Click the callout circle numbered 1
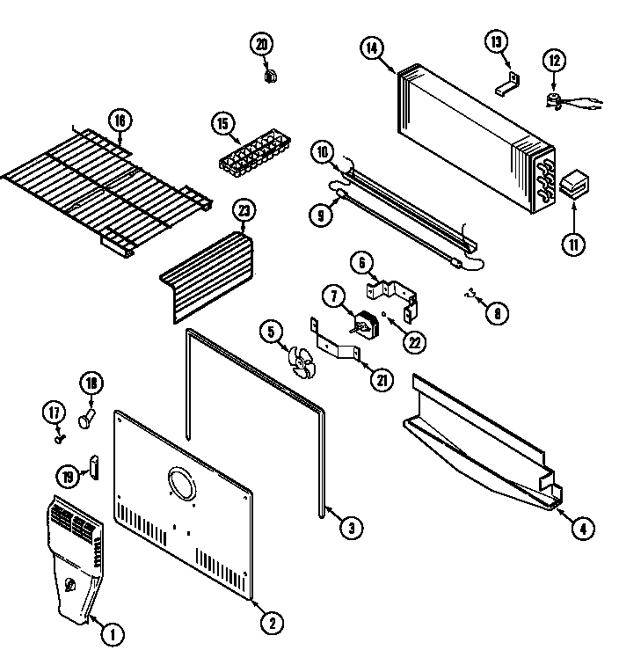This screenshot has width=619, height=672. pos(112,633)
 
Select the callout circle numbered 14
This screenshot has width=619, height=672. pos(373,49)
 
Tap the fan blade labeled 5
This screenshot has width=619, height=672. pos(302,362)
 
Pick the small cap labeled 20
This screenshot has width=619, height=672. pos(266,75)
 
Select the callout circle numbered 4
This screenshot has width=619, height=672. pos(583,528)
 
